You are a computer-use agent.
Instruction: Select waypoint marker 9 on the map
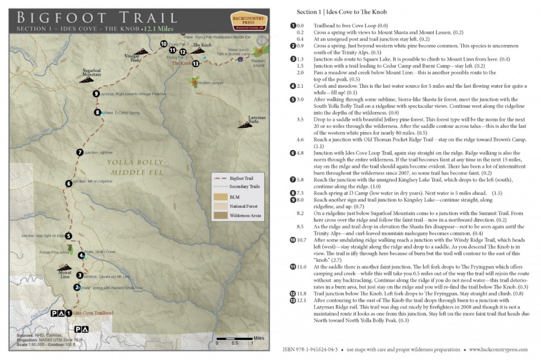(96, 94)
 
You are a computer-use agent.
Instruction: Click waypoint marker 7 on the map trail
(80, 152)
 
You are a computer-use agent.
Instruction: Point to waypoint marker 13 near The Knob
(196, 63)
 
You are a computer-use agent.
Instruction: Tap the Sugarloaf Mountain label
(92, 71)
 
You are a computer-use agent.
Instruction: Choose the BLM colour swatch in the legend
(220, 196)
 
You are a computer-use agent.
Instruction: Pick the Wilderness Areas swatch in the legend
(220, 215)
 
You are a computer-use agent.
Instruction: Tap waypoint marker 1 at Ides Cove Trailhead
(68, 313)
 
